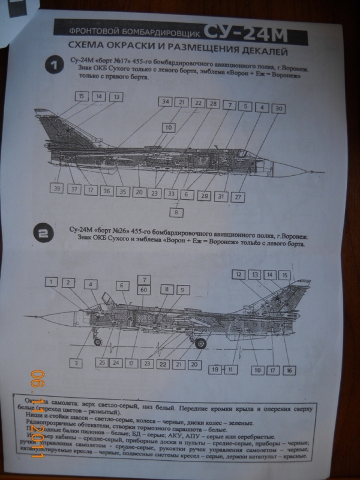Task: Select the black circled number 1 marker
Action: coord(53,66)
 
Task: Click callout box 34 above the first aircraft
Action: coord(166,102)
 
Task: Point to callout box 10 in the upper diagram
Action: coord(169,127)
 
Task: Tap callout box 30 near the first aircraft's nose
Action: coord(278,109)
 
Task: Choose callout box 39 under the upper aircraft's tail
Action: coord(57,189)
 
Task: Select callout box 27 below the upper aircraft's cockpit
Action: coord(238,196)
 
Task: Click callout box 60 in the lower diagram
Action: coord(144,290)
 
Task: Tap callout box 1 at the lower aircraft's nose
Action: coord(53,282)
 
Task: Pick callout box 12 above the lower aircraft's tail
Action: coord(239,275)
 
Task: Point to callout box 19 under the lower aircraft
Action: coord(215,369)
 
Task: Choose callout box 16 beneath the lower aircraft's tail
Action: coord(290,370)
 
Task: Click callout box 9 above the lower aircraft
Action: coord(181,290)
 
